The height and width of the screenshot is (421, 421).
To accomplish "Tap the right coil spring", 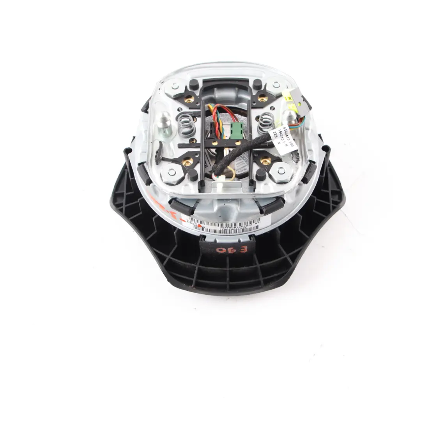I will (x=267, y=121).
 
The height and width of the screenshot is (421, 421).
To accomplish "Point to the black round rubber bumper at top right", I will (x=257, y=84).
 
